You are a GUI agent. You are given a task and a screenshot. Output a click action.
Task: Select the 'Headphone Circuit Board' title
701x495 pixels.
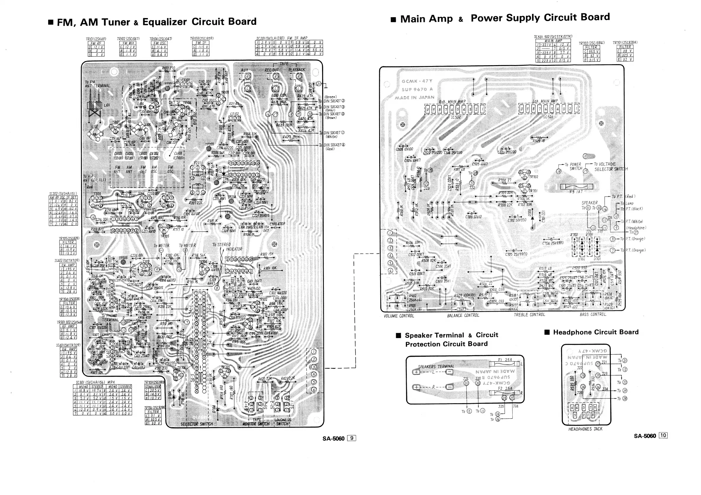[x=595, y=332]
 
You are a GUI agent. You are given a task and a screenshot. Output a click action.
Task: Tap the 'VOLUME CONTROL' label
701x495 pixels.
[x=399, y=316]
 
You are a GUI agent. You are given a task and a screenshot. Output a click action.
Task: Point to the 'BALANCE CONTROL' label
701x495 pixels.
[x=463, y=315]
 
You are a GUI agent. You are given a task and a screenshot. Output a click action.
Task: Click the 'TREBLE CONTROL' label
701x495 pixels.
[x=529, y=315]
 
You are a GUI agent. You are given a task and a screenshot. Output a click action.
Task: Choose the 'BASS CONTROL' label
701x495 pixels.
[x=593, y=314]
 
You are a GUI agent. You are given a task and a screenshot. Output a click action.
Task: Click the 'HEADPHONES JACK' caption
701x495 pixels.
[x=585, y=429]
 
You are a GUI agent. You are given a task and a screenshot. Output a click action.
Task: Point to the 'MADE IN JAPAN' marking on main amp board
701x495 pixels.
[x=414, y=97]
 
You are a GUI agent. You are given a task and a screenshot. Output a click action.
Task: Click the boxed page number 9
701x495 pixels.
[x=352, y=438]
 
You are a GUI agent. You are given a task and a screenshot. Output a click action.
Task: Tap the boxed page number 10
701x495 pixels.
[x=663, y=436]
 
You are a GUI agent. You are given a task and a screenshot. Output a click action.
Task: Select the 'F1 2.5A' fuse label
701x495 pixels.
[x=505, y=360]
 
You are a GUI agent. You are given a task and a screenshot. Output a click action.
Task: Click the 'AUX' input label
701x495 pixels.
[x=245, y=70]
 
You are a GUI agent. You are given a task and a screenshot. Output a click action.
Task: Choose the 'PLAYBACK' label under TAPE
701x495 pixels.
[x=297, y=70]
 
